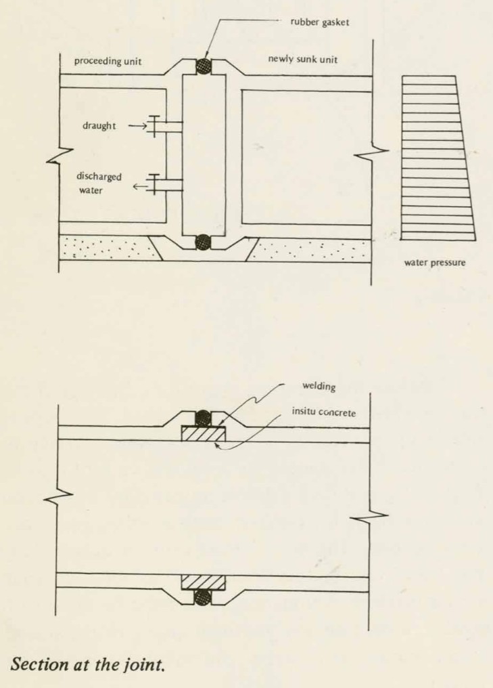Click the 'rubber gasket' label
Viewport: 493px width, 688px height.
(319, 22)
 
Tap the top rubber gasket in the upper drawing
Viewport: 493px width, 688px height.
(203, 66)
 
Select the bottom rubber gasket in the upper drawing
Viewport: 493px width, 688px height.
(203, 242)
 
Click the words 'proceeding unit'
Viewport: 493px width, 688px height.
(108, 61)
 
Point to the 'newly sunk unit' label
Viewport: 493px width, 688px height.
(303, 59)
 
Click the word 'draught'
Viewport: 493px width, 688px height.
(99, 126)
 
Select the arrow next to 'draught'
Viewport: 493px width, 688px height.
(137, 127)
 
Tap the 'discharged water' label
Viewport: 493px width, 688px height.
(99, 183)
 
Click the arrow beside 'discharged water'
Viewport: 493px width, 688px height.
(140, 187)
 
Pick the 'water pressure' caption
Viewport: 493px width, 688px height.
(435, 263)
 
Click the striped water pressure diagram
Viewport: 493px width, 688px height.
(438, 158)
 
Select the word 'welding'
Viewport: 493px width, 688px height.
(319, 386)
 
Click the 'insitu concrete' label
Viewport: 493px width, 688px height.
(324, 412)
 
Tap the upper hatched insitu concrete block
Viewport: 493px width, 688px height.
(204, 433)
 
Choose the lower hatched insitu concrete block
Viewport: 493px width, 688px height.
(204, 582)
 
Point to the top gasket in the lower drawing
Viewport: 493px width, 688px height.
(203, 418)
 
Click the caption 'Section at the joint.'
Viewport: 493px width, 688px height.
(88, 664)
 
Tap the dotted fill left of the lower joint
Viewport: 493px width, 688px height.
(108, 249)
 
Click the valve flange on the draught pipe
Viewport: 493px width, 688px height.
(154, 127)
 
